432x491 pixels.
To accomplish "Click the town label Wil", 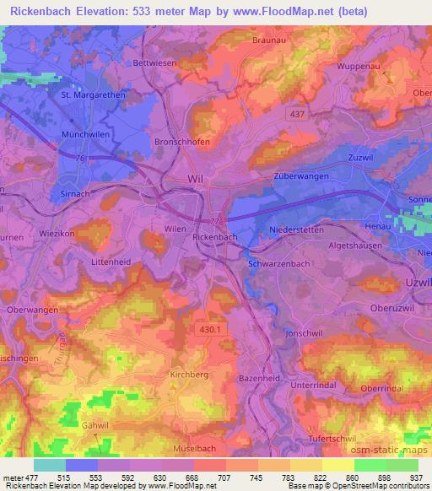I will point(195,180).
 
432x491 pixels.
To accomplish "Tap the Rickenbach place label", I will point(215,239).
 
